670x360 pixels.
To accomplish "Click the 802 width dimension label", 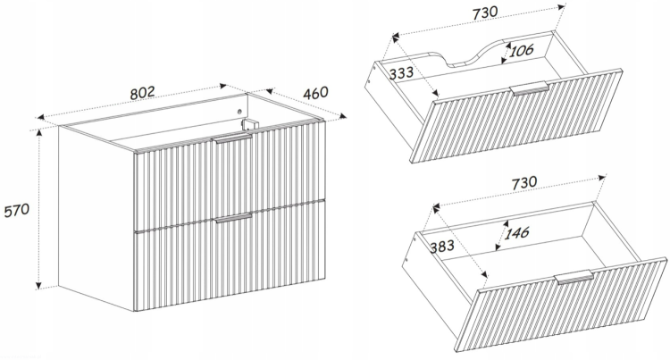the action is click(x=142, y=93).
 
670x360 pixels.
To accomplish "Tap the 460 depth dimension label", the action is click(x=315, y=93).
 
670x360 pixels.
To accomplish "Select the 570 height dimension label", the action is click(x=17, y=211).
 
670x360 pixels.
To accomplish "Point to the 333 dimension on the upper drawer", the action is click(x=401, y=72).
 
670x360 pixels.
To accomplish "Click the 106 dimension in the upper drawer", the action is click(x=522, y=50).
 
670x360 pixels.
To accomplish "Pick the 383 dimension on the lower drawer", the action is click(x=442, y=246).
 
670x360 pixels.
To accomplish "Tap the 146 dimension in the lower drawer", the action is click(x=516, y=233).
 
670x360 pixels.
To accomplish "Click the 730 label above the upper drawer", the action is click(x=485, y=13).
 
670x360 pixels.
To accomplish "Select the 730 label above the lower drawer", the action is click(x=523, y=183).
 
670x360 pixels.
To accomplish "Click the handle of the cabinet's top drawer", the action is click(x=233, y=138).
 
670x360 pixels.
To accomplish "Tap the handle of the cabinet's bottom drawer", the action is click(x=233, y=218).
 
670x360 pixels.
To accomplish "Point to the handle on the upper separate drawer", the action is click(x=530, y=88).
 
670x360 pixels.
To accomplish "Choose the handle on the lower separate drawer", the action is click(x=574, y=278).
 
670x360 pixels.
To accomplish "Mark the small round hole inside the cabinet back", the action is click(x=239, y=112).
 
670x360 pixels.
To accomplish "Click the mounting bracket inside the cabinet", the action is click(x=250, y=124).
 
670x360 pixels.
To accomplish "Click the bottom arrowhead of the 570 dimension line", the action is click(x=39, y=285).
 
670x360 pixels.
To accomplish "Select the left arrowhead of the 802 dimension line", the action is click(x=41, y=117).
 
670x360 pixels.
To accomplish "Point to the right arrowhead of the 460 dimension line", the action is click(x=342, y=116).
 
